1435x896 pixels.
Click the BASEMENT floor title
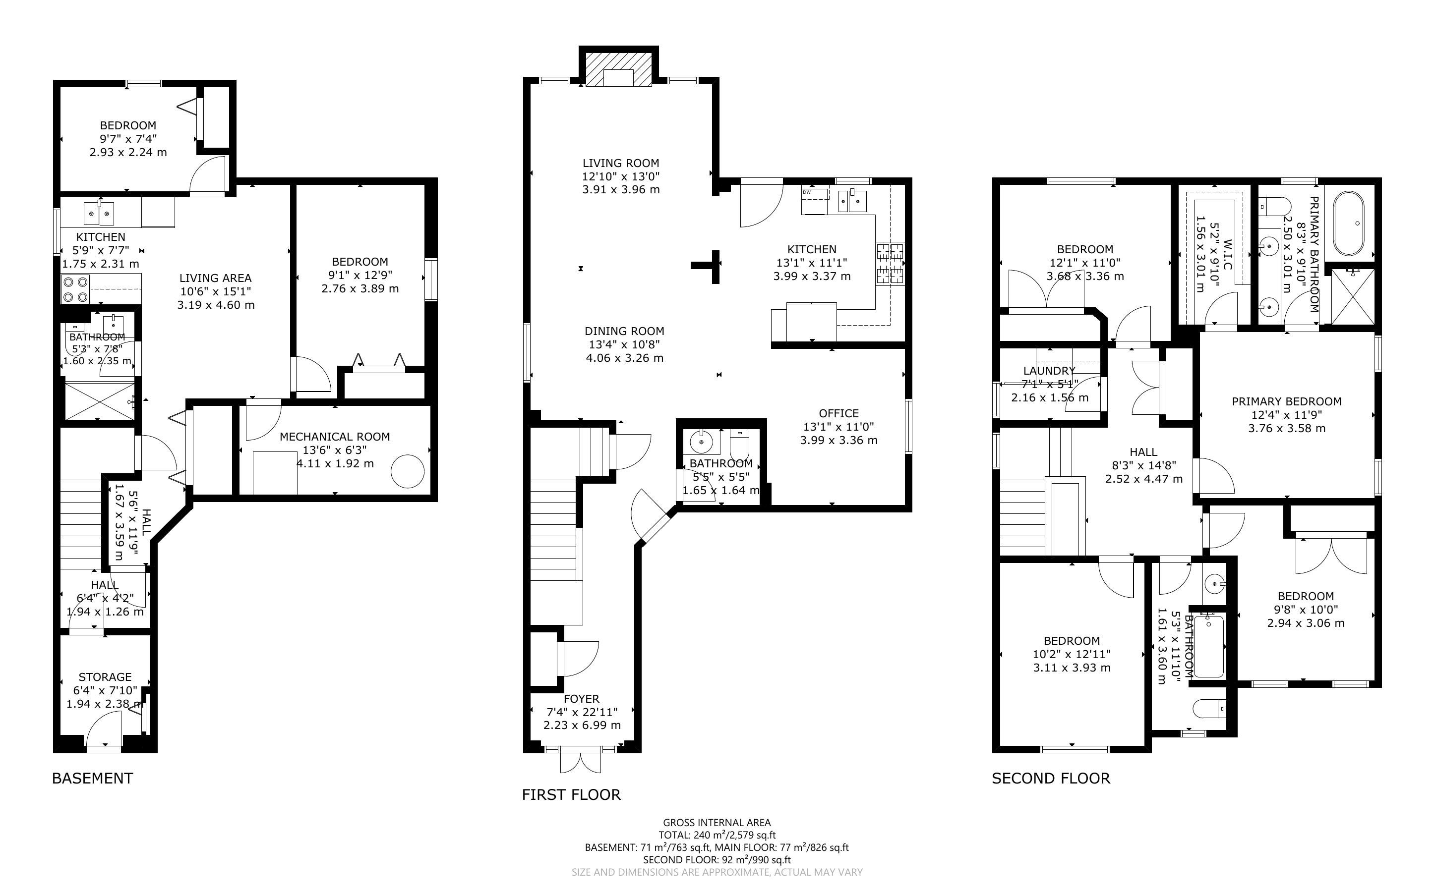(92, 778)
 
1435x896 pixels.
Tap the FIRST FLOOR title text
(571, 795)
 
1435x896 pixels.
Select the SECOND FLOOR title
(1051, 778)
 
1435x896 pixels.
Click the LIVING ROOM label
(621, 163)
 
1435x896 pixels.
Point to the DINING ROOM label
(624, 331)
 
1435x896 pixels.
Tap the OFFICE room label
(838, 413)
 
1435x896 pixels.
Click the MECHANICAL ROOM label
(335, 437)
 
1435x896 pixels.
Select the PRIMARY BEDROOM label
(1287, 401)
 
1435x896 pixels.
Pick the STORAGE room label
(105, 677)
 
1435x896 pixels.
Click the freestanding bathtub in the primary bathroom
(1348, 223)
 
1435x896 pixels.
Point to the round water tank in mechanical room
(408, 471)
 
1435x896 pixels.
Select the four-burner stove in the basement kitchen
(75, 289)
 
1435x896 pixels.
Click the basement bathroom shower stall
(100, 401)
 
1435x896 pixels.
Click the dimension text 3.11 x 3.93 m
(1072, 667)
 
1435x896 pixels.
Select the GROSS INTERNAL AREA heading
(717, 822)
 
